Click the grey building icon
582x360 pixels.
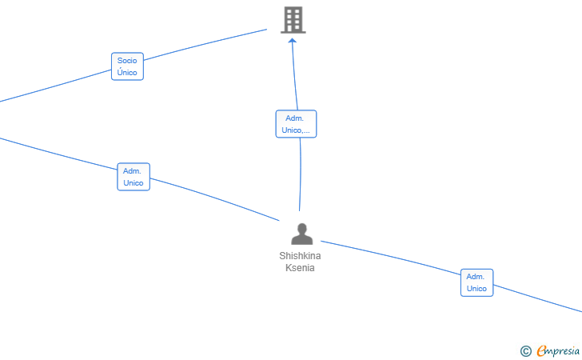[293, 20]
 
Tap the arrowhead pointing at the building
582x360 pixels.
[293, 41]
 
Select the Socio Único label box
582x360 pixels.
[127, 66]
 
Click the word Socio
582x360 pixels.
[127, 60]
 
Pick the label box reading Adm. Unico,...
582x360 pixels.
[296, 124]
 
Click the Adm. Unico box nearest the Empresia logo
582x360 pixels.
[477, 282]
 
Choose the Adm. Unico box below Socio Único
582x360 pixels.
[134, 177]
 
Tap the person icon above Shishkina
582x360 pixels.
[301, 234]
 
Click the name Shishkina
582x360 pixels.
[300, 256]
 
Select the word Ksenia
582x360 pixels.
[300, 268]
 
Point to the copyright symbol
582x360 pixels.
[525, 351]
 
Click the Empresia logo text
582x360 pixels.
[558, 350]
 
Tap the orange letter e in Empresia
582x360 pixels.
[541, 350]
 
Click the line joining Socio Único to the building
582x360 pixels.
[205, 44]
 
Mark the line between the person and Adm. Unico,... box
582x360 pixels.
[301, 174]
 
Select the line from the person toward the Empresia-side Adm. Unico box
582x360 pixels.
[390, 257]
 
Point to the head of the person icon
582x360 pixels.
[302, 228]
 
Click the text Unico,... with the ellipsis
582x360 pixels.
[296, 130]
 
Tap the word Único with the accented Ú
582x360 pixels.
[127, 72]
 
